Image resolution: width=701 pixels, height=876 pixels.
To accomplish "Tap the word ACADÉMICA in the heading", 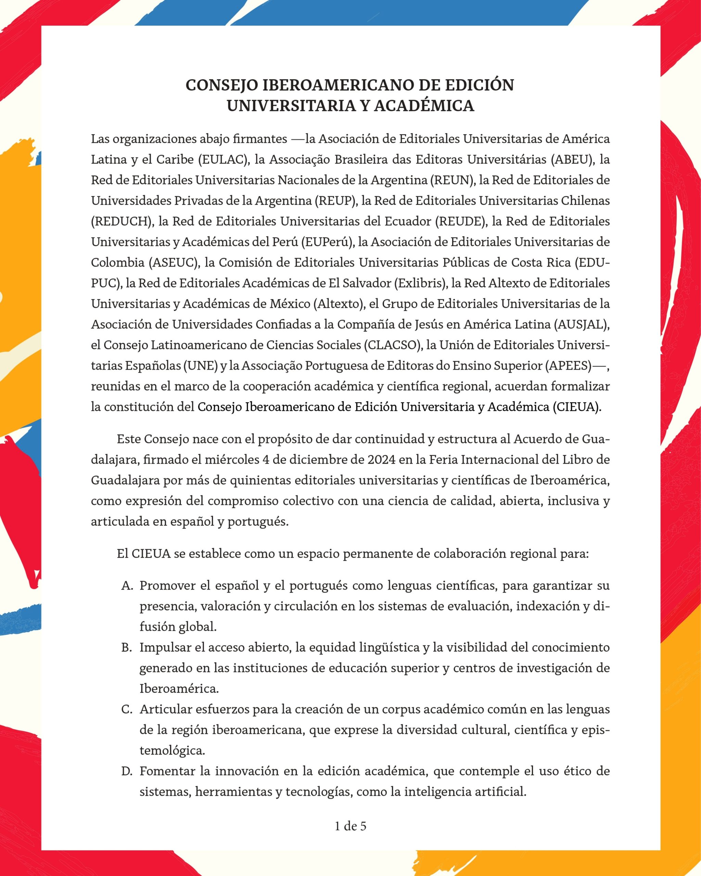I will coord(424,106).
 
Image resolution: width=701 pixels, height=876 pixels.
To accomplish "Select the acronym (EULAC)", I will coord(224,160).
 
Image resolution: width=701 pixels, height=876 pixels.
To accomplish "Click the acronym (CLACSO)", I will coord(392,345).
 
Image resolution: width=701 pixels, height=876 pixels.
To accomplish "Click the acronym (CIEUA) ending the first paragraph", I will coord(577,407).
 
